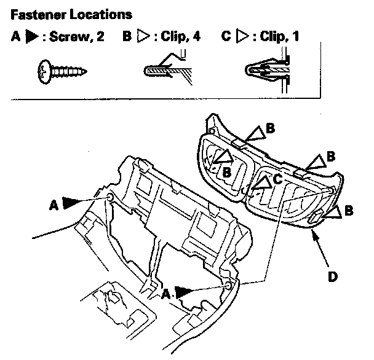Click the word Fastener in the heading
point(38,15)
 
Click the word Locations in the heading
point(101,15)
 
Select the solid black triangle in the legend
point(32,36)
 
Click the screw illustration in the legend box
point(63,72)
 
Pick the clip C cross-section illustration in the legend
point(268,70)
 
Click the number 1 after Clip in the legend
point(296,36)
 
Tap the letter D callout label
point(333,276)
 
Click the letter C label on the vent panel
point(277,179)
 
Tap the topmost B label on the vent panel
point(270,128)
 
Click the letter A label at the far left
point(54,205)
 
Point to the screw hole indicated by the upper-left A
point(110,197)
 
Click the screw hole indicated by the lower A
point(228,286)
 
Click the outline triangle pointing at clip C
point(263,183)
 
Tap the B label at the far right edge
point(349,211)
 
